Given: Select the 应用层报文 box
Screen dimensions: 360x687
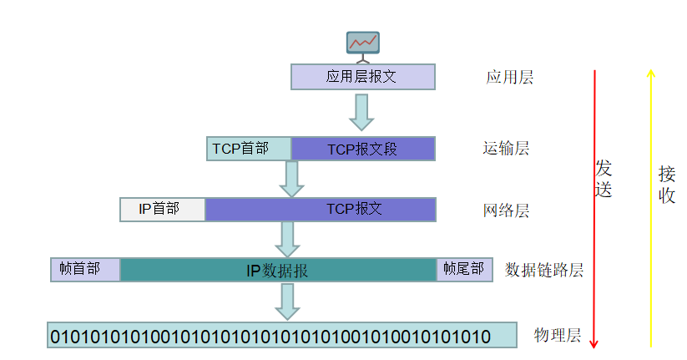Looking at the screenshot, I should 363,77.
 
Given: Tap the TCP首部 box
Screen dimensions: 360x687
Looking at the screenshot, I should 249,149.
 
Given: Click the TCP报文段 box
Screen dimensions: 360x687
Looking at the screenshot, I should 363,149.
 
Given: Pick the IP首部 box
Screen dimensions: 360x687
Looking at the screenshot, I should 163,210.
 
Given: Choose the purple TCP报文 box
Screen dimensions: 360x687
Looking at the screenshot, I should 321,210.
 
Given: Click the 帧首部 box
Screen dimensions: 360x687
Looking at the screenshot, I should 85,270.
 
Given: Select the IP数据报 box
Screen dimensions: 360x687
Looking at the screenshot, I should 278,270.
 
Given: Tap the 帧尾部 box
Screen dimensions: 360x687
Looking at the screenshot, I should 460,270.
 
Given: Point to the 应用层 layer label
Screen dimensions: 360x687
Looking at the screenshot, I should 509,78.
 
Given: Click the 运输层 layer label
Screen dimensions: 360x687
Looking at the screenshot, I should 506,150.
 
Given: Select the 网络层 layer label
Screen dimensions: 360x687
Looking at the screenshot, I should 506,210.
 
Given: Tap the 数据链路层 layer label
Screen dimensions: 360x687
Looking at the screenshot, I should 543,270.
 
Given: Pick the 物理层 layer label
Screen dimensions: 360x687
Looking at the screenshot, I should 557,336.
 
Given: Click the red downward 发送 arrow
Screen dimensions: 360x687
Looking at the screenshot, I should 594,209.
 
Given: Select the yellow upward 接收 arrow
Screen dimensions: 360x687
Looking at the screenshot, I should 651,209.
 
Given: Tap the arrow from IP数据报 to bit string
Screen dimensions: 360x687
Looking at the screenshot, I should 288,301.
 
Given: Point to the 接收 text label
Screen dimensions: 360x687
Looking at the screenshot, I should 667,185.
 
